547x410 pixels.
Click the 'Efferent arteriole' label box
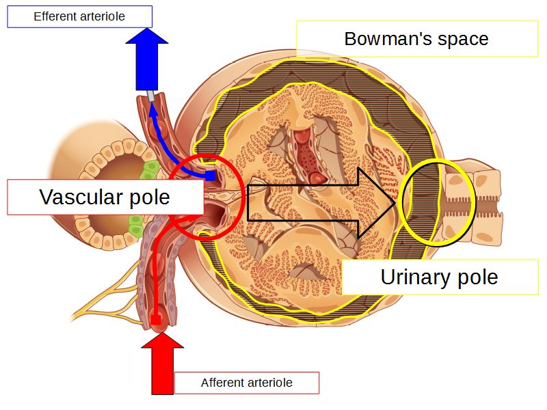tap(79, 16)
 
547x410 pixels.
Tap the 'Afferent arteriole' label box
tap(246, 383)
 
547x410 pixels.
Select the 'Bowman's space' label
tap(416, 39)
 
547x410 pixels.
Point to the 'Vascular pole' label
tap(105, 197)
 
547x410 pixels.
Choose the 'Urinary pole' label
tap(439, 277)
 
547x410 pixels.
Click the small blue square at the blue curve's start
tap(211, 176)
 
